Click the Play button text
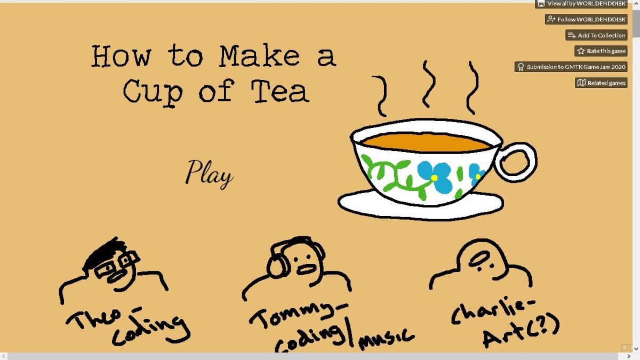pos(209,174)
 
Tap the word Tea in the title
pos(280,91)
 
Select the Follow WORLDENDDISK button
pos(586,19)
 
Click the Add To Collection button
pos(596,35)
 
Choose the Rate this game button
pos(601,51)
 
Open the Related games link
pos(601,83)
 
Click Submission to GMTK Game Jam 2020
pos(571,67)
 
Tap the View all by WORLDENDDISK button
pos(581,4)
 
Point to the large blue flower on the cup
pos(435,177)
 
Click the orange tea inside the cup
pos(426,142)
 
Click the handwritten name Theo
pos(94,319)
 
